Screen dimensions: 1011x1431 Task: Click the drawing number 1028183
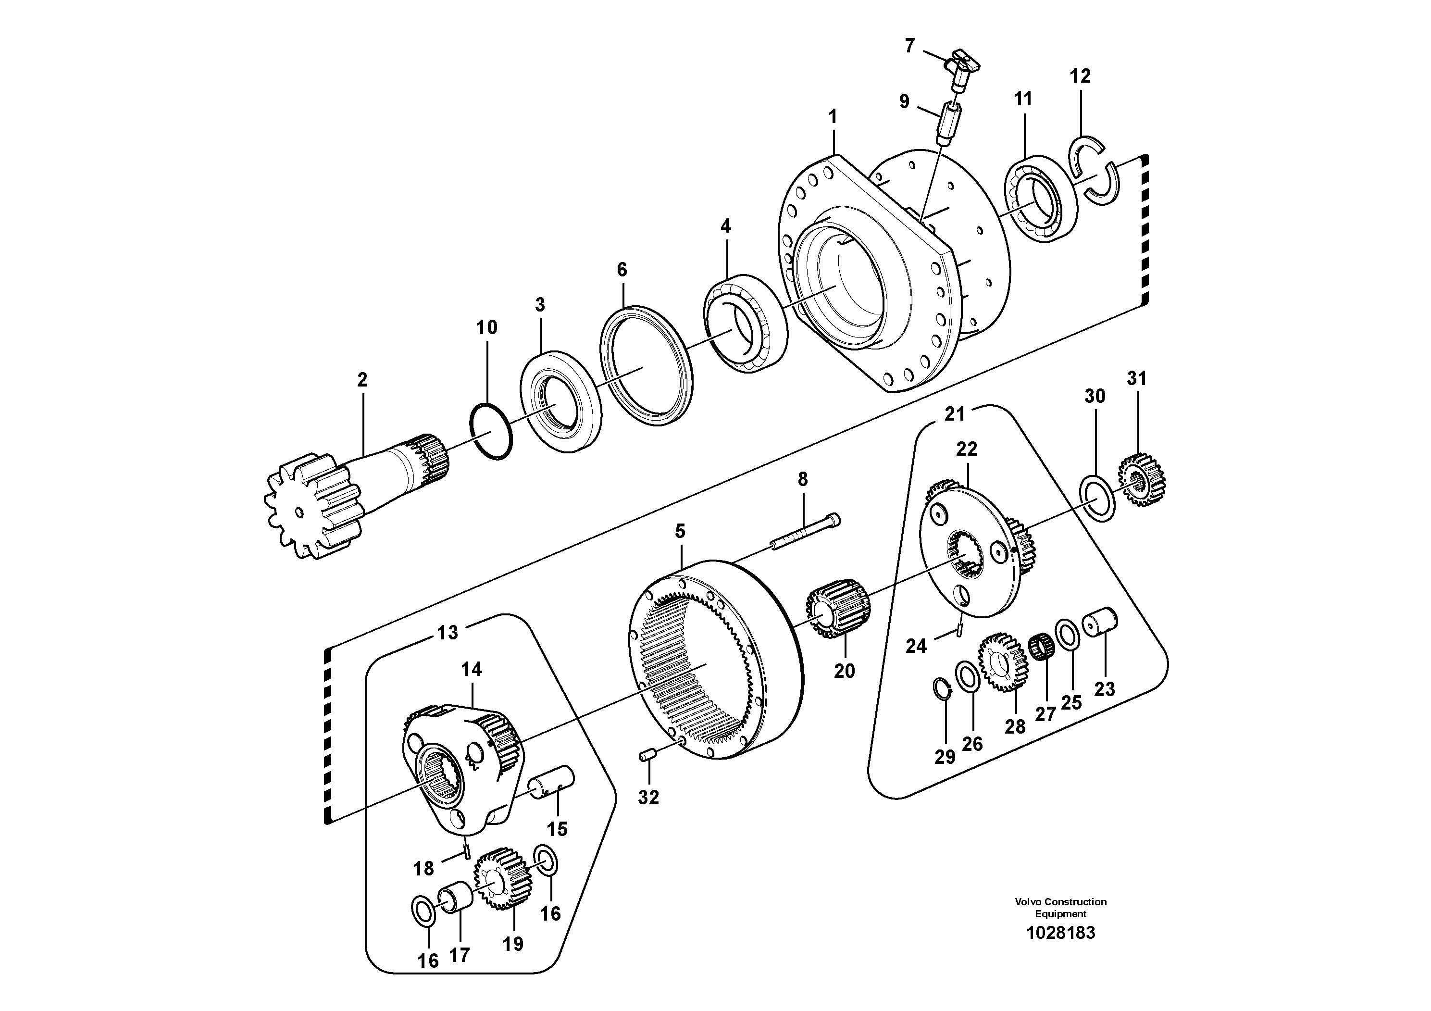(x=1060, y=933)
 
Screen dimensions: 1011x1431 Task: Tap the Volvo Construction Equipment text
(x=1060, y=908)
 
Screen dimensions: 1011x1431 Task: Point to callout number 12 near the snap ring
(x=1080, y=76)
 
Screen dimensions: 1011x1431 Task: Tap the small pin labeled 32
(x=647, y=756)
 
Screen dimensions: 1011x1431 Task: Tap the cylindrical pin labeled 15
(x=552, y=782)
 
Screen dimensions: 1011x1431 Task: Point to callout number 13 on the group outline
(x=448, y=633)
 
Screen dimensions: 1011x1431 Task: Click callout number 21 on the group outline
(x=954, y=414)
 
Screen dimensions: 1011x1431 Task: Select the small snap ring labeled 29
(x=942, y=689)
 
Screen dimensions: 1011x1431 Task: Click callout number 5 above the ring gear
(x=680, y=531)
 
